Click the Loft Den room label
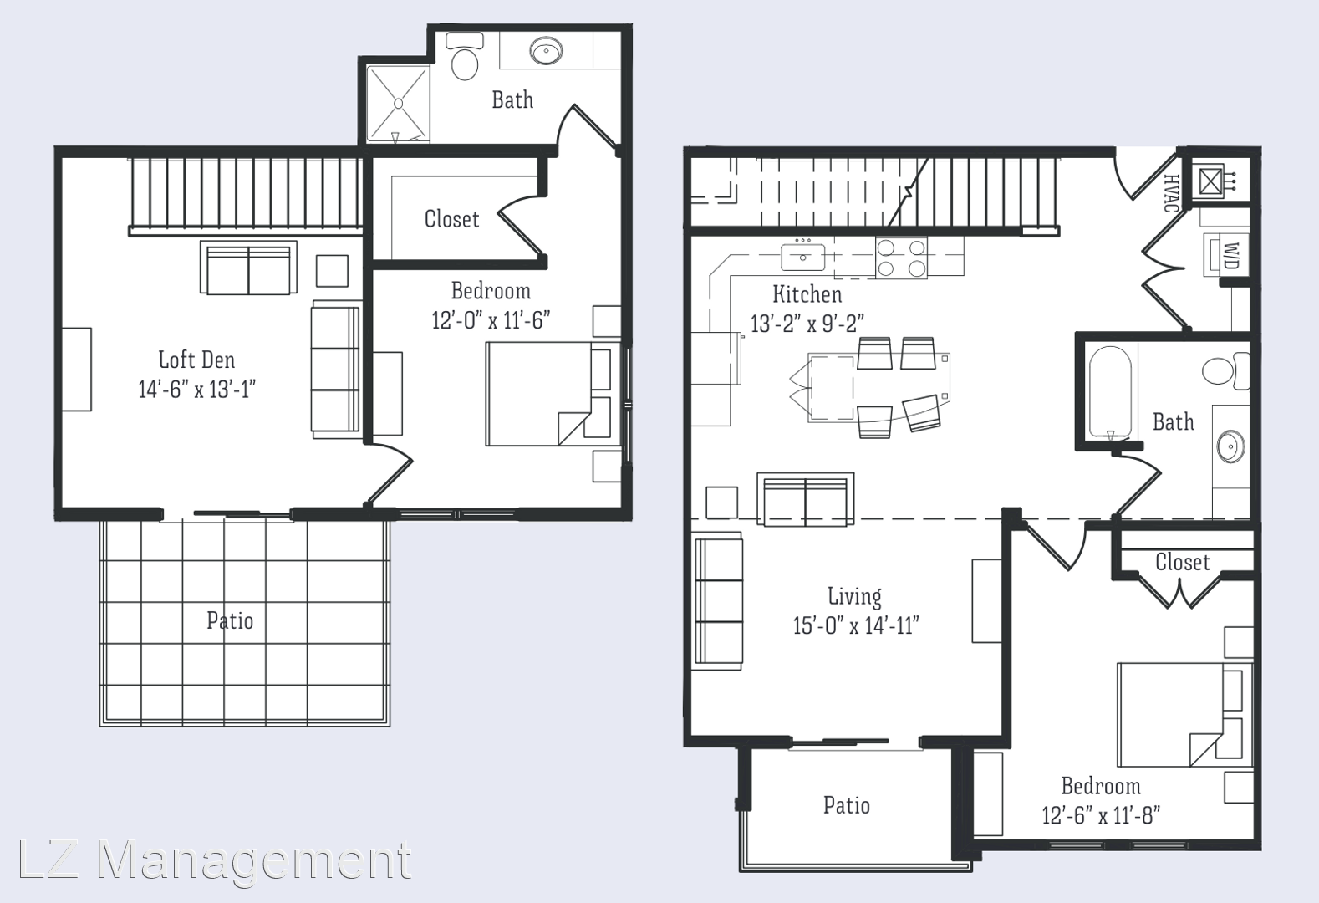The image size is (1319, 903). [196, 360]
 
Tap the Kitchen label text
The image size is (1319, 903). [807, 293]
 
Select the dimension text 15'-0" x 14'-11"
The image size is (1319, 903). [856, 625]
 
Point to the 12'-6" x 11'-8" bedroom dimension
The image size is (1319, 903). [1101, 815]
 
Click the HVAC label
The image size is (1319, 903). [1170, 192]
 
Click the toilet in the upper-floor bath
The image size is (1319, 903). [465, 57]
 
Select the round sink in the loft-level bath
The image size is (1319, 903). [545, 51]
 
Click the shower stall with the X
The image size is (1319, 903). [398, 104]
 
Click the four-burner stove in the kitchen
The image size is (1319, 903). [901, 257]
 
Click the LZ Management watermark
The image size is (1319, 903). [215, 860]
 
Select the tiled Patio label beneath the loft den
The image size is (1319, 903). [230, 620]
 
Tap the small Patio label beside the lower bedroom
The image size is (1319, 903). [846, 804]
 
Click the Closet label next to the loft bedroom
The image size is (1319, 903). [451, 218]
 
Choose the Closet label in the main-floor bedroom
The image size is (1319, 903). [1183, 561]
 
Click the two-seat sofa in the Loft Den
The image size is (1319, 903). [248, 268]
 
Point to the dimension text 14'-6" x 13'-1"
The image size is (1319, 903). [196, 389]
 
